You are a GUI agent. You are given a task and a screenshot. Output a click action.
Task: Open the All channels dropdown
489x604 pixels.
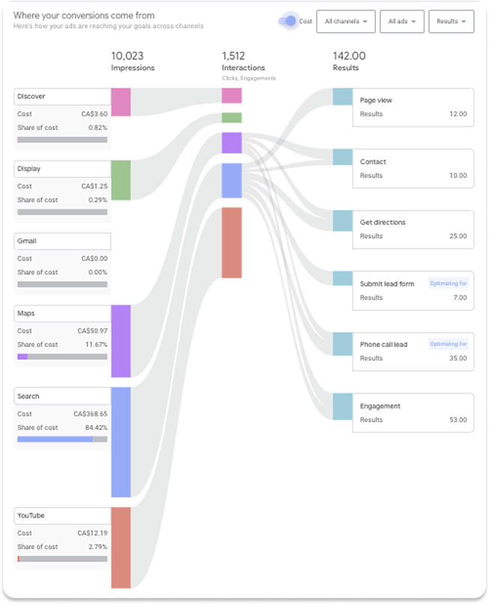coord(346,22)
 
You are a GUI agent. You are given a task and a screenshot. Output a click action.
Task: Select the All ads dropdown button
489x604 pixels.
coord(402,22)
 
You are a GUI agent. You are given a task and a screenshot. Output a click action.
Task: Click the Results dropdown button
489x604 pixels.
coord(452,22)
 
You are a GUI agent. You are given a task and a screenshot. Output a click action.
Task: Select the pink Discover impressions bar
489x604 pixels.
coord(121,102)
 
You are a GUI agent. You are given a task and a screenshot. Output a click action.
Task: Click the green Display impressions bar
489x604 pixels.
coord(121,180)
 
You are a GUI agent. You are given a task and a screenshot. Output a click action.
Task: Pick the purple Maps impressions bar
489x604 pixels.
coord(121,340)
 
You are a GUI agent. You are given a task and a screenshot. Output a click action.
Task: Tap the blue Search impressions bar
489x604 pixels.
coord(121,441)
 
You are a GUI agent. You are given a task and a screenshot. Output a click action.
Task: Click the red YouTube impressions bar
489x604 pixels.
coord(121,547)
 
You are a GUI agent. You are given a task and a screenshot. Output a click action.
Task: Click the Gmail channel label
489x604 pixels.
coord(27,241)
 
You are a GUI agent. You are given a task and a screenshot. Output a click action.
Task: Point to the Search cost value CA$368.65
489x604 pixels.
coord(90,414)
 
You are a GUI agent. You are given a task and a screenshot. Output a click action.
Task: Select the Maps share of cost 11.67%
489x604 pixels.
coord(95,345)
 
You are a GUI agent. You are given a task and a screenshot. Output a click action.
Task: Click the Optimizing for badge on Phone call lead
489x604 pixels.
coord(449,344)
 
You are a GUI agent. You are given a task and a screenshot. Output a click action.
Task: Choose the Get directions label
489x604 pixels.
coord(377,223)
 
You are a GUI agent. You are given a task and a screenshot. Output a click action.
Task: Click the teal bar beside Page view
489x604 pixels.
coord(342,97)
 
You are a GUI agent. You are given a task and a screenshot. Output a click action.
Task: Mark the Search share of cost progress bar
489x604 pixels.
coord(62,439)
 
